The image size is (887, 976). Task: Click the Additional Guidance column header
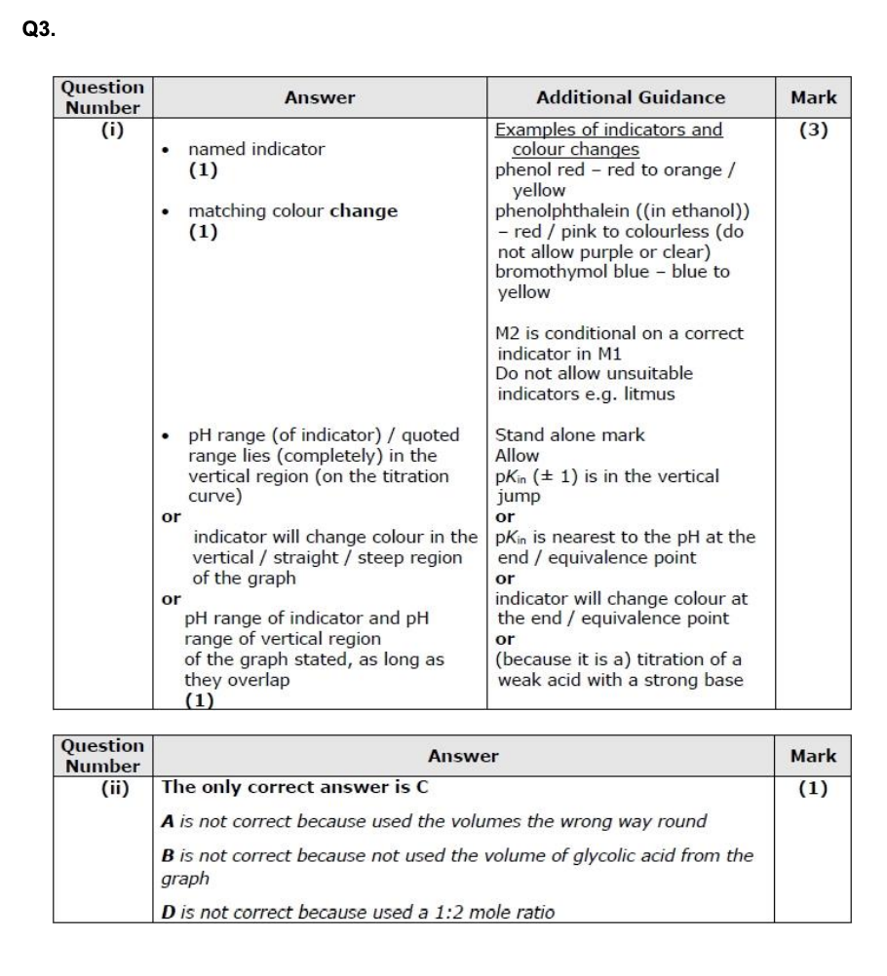631,97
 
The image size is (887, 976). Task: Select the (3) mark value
813,130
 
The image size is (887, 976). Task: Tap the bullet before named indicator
170,150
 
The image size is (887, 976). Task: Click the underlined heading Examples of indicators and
609,130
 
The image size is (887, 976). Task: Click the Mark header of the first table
813,97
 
